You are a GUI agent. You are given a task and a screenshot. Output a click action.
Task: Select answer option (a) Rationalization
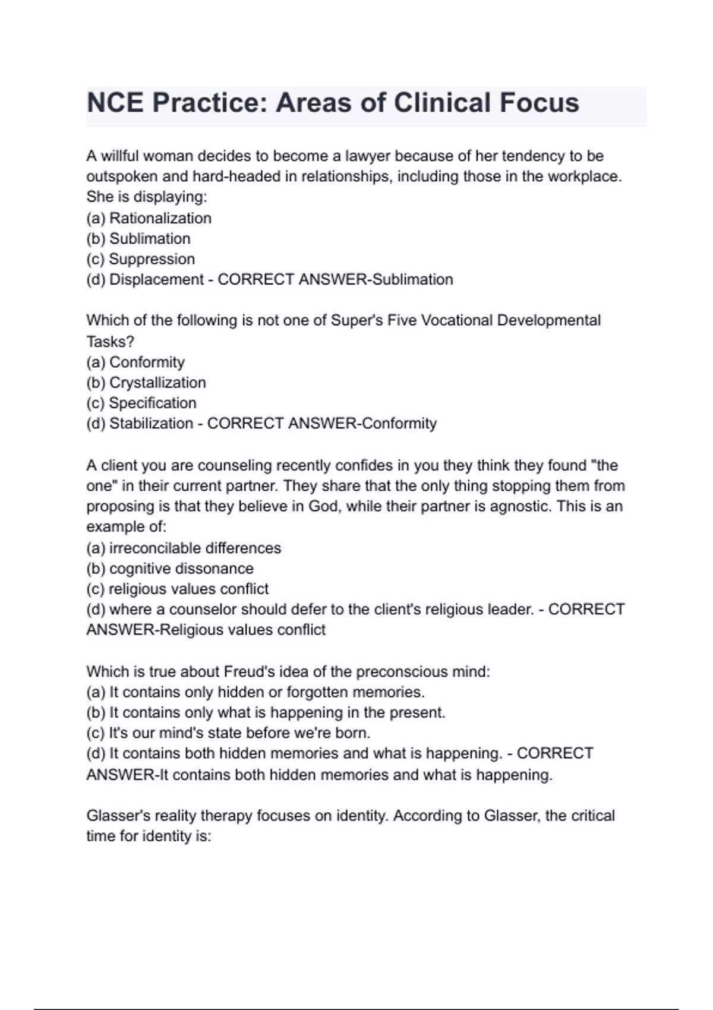point(149,219)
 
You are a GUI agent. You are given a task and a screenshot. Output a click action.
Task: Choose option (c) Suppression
point(141,259)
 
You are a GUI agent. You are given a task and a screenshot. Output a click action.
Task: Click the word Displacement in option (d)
point(156,280)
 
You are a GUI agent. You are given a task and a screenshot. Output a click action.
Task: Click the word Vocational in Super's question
point(456,321)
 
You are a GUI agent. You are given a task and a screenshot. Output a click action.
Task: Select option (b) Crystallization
point(146,383)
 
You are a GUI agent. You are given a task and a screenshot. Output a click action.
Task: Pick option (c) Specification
point(141,403)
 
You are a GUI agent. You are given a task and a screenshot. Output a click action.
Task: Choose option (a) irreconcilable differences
point(184,548)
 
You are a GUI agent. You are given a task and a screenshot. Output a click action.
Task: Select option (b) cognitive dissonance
point(170,569)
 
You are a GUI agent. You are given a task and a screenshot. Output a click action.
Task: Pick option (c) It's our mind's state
point(229,733)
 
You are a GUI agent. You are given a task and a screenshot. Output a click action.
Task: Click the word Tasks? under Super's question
point(111,342)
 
